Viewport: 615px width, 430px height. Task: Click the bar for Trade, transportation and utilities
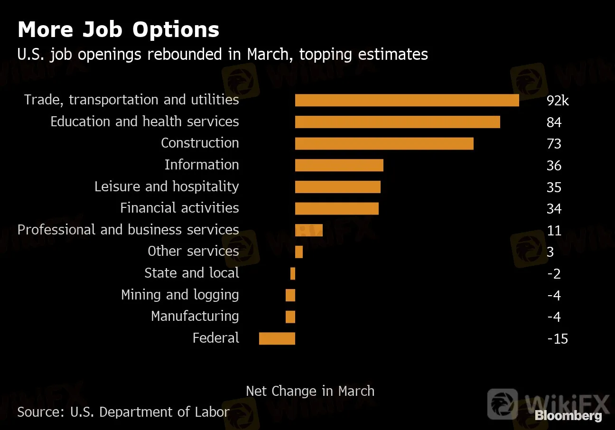coord(407,100)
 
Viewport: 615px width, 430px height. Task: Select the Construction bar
coord(384,143)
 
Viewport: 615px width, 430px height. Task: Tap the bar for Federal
coord(277,338)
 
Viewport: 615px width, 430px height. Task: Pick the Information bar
coord(339,165)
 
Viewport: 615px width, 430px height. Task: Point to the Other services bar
coord(299,252)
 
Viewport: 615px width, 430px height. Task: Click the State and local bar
coord(293,273)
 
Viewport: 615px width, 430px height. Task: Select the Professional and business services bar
coord(309,230)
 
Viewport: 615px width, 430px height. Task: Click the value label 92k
coord(557,101)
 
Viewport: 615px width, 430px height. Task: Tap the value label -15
coord(557,339)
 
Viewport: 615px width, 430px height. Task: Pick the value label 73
coord(554,144)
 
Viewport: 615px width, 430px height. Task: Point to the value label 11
coord(554,231)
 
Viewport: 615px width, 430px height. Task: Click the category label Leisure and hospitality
coord(167,187)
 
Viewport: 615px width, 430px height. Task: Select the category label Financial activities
coord(179,208)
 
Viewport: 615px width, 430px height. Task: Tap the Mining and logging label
coord(180,295)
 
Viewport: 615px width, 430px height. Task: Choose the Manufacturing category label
coord(195,316)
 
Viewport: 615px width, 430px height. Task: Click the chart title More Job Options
coord(118,29)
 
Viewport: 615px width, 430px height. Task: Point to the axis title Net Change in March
coord(310,391)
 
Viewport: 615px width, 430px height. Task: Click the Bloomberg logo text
coord(568,416)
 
